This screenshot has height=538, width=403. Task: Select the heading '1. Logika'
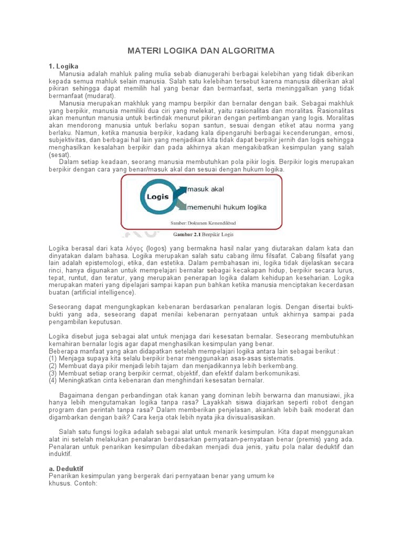(x=63, y=67)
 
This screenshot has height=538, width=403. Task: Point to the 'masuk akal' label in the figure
(x=205, y=189)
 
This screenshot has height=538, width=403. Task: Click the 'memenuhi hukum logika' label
(x=227, y=207)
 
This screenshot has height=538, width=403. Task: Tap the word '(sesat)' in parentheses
(x=59, y=156)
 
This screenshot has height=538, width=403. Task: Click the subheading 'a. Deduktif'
(x=66, y=468)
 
